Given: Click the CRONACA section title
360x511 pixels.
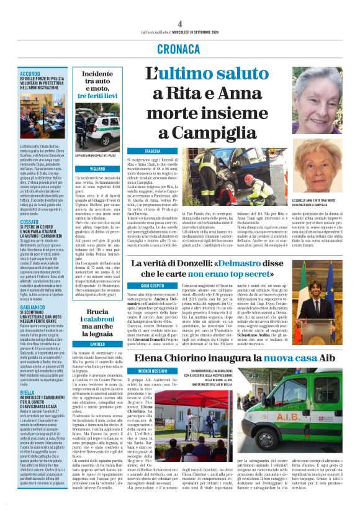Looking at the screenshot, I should pos(179,49).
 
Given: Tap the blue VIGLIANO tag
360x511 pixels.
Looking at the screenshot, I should pos(97,169).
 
